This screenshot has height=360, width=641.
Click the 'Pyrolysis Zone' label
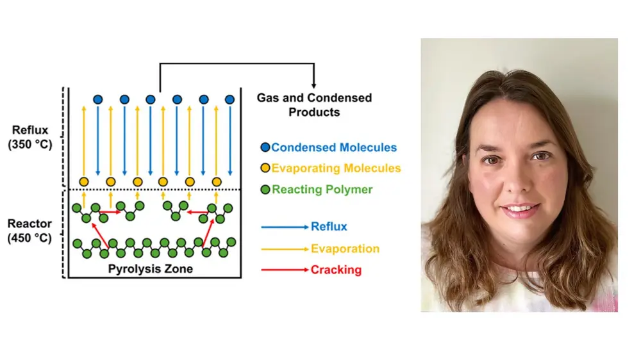151,269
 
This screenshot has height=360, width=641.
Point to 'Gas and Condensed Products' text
314,104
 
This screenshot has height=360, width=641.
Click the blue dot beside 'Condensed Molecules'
265,147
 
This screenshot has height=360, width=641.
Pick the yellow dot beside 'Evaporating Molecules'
265,168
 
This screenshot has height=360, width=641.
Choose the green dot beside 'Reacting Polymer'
265,190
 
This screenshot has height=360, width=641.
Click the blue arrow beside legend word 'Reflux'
284,227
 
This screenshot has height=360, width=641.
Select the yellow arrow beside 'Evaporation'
284,249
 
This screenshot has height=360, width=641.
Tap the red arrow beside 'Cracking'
284,270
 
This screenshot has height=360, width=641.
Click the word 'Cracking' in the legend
336,270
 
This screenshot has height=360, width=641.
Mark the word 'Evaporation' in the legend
345,249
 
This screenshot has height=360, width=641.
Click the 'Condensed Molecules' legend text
334,147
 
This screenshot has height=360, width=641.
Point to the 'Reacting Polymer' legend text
322,190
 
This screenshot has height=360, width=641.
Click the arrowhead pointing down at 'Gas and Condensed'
314,85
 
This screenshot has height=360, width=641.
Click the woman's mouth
520,209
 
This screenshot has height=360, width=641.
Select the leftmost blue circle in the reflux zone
97,99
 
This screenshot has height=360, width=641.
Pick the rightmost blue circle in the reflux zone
229,99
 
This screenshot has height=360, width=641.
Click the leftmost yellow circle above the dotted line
83,181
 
